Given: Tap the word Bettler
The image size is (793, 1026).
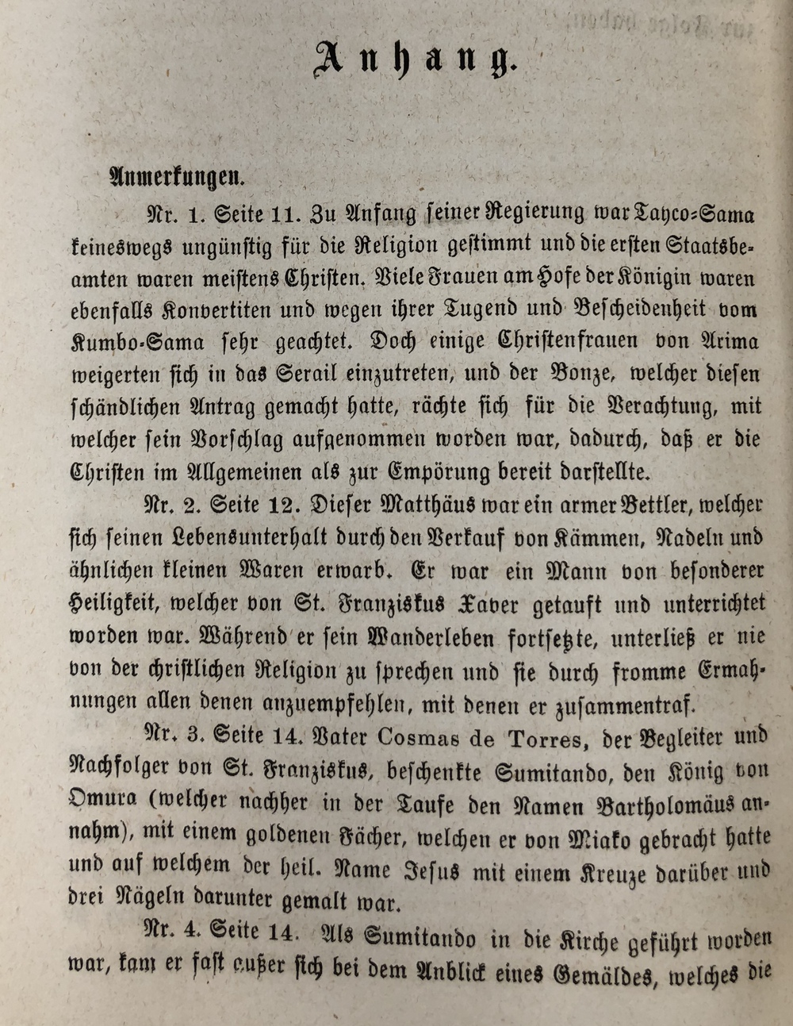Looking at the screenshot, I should tap(636, 505).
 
